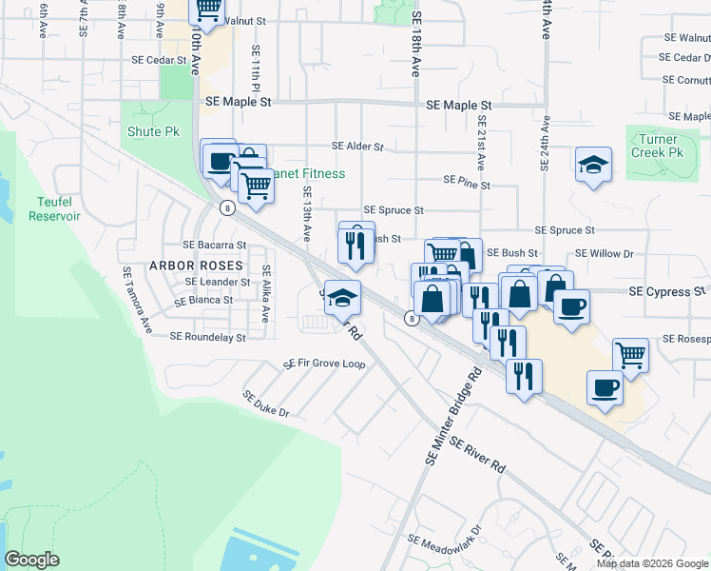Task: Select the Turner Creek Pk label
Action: pos(658,146)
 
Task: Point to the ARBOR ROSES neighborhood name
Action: pos(195,265)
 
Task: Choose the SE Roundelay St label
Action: pos(207,337)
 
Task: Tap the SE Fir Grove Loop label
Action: pos(324,364)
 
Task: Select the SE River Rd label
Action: pos(477,455)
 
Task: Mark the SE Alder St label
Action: pos(356,147)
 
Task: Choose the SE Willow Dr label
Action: pos(605,254)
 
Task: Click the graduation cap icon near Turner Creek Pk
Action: pos(593,165)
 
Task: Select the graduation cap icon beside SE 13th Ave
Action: pos(342,297)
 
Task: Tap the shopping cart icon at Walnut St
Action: pos(207,10)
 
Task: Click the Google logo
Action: pos(32,560)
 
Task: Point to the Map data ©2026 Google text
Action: pos(652,563)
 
